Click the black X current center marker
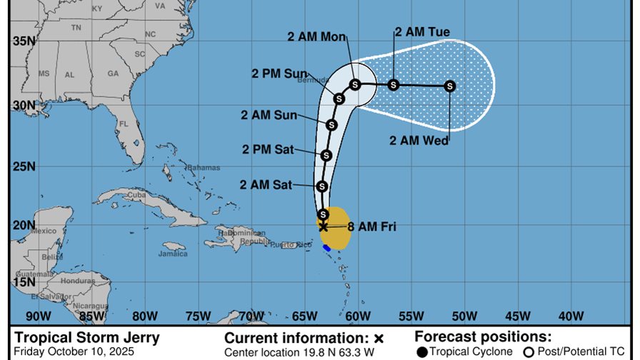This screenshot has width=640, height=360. (323, 226)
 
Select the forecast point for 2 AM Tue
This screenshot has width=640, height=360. (393, 85)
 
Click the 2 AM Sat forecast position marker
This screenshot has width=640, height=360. (322, 186)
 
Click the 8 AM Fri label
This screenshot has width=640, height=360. (371, 227)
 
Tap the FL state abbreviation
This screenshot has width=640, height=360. (124, 123)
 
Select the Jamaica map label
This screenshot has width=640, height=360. (172, 254)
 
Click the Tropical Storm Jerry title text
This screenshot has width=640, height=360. (87, 338)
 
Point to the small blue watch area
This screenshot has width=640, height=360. (326, 248)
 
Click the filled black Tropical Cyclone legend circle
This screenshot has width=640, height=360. (423, 351)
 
